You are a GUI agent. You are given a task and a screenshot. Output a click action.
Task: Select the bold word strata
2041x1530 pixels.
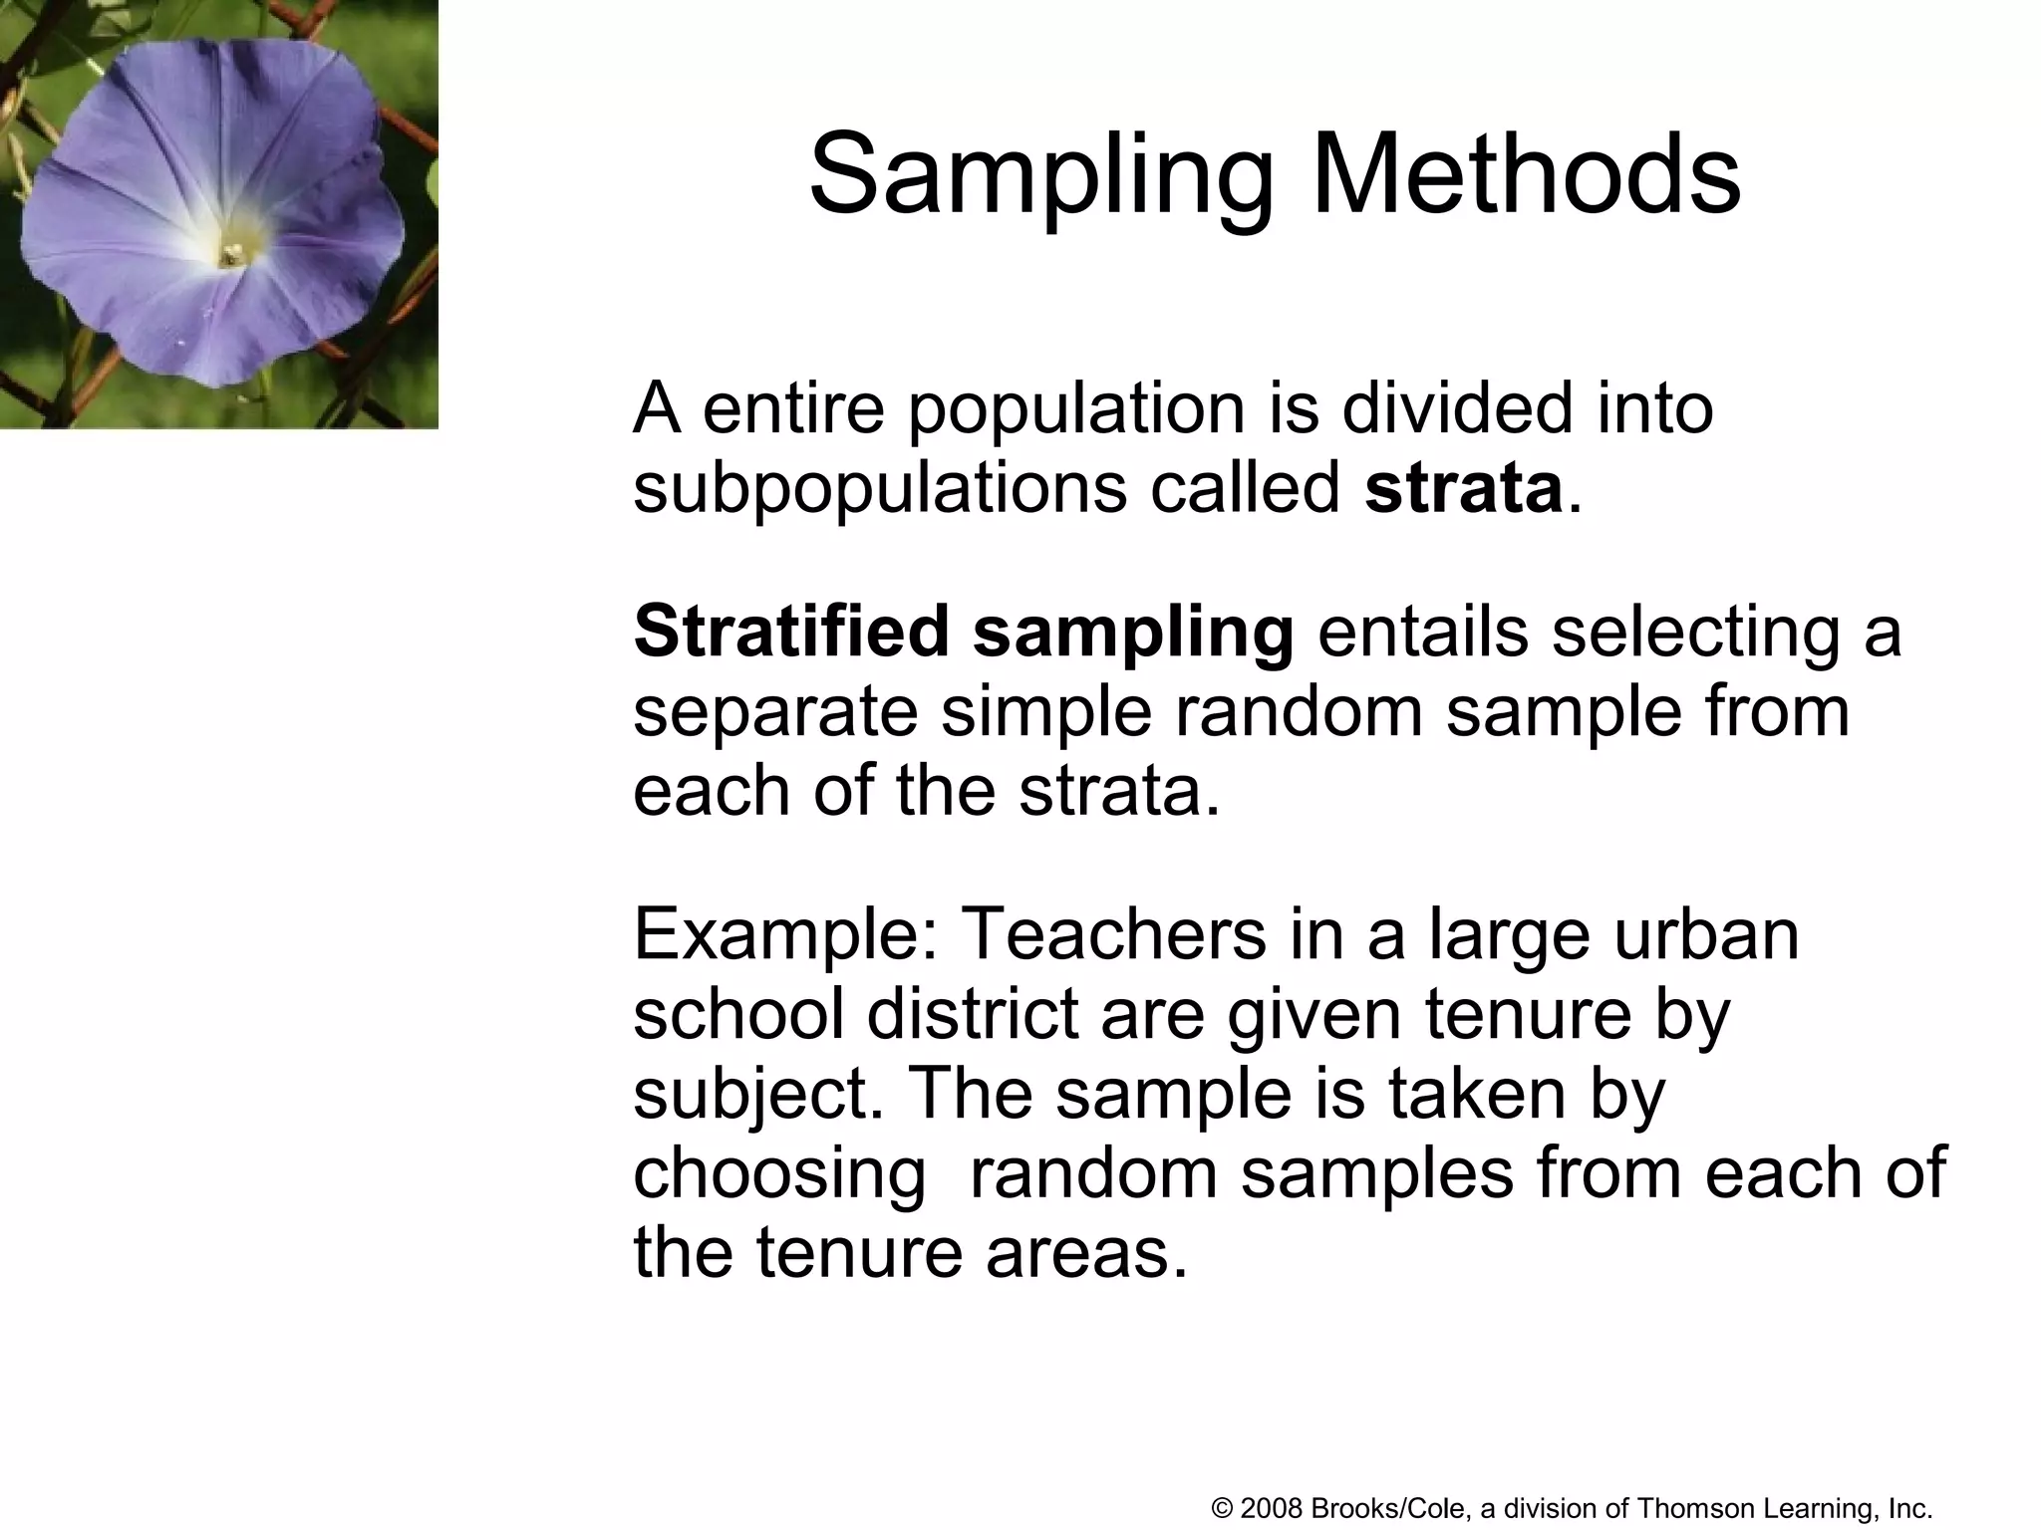(x=1463, y=488)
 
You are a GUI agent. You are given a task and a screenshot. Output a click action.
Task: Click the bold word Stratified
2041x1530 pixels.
(x=791, y=632)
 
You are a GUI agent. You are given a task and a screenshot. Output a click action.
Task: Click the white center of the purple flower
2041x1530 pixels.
(x=232, y=253)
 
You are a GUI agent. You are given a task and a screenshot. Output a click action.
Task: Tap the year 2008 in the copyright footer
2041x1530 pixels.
(x=1273, y=1508)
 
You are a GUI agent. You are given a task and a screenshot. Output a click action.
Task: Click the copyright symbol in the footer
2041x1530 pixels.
(x=1223, y=1508)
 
